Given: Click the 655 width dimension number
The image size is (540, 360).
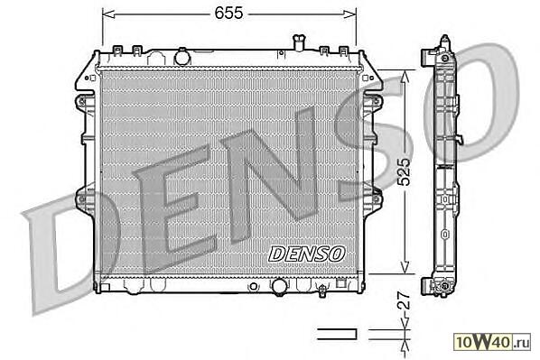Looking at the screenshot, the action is click(x=228, y=14).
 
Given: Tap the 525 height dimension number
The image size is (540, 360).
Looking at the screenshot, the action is click(x=405, y=171).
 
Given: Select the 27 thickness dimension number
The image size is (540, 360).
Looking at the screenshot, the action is click(x=404, y=300).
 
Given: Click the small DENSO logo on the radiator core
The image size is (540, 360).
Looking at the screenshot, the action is click(x=306, y=254).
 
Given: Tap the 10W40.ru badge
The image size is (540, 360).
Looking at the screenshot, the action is click(x=492, y=342).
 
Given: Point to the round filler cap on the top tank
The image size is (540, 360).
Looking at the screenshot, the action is click(x=182, y=57).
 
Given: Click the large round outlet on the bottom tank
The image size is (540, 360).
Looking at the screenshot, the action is click(x=279, y=286).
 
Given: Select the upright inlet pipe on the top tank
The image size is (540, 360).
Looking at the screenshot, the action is click(x=297, y=42).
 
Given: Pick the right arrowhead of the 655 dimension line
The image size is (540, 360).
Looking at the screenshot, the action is click(x=349, y=14).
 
